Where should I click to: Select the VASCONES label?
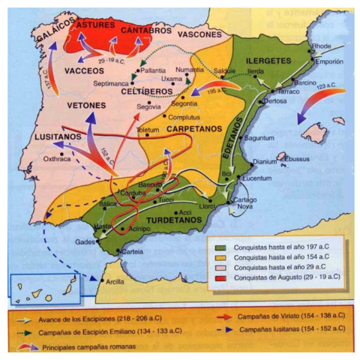point(199,34)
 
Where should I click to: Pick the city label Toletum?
point(147,130)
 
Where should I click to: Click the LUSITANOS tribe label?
point(57,137)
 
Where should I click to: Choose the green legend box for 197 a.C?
point(220,247)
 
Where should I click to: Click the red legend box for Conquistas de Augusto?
point(220,277)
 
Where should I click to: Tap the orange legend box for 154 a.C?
point(220,257)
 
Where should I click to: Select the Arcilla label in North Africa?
point(116,281)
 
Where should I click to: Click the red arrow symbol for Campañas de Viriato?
point(222,317)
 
